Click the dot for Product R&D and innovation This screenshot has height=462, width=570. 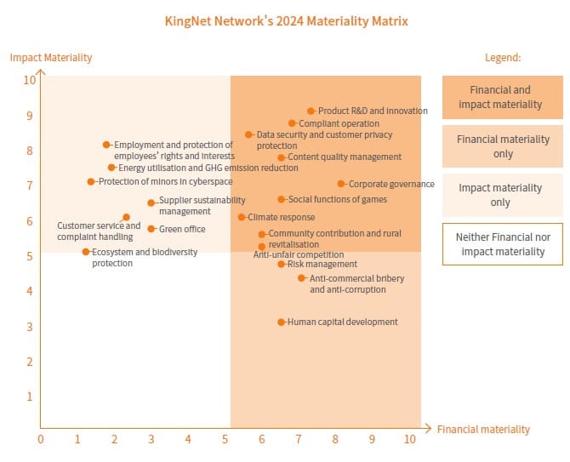pyautogui.click(x=311, y=111)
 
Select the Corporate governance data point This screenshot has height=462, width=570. pyautogui.click(x=341, y=184)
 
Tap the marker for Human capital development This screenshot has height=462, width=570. pyautogui.click(x=282, y=322)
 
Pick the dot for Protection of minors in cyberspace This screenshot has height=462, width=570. pyautogui.click(x=91, y=182)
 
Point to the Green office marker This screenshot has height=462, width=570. pyautogui.click(x=151, y=229)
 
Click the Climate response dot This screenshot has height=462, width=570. pyautogui.click(x=242, y=217)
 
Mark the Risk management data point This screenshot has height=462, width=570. pyautogui.click(x=282, y=264)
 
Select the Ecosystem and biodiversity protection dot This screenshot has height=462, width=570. pyautogui.click(x=86, y=252)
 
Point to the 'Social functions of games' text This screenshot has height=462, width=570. pyautogui.click(x=338, y=200)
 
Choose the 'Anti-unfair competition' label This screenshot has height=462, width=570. pyautogui.click(x=299, y=254)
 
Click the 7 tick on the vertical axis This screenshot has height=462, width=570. pyautogui.click(x=30, y=185)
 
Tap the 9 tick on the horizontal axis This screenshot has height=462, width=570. pyautogui.click(x=372, y=440)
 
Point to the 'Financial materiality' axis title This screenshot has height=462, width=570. pyautogui.click(x=483, y=430)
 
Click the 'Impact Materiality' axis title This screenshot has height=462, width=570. pyautogui.click(x=51, y=58)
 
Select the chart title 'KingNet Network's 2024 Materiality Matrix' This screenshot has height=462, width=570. pyautogui.click(x=286, y=20)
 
